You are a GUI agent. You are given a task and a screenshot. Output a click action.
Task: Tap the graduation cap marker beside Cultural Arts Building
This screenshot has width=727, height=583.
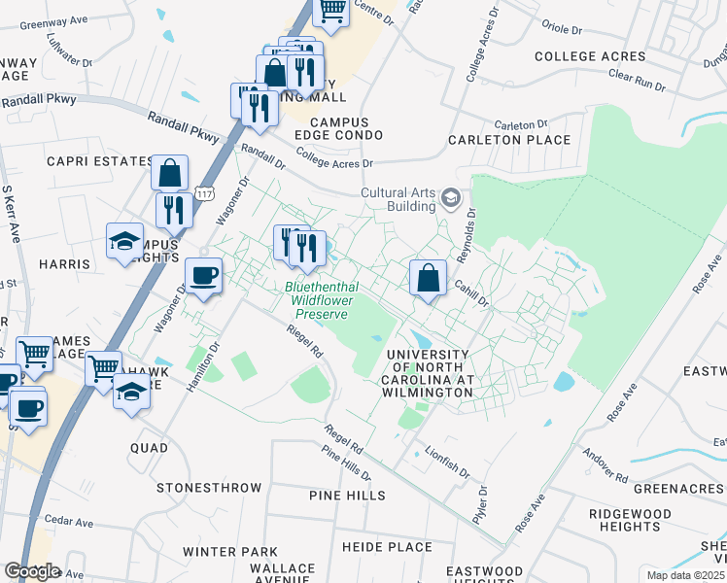pos(451,199)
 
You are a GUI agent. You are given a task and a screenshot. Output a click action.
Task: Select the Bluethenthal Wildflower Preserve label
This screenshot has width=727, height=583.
pos(322,300)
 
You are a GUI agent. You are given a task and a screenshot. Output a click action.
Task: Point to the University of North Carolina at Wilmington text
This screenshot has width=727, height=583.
pos(429,373)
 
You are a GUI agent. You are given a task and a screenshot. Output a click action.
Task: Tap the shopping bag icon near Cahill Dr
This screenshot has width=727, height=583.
pos(428,279)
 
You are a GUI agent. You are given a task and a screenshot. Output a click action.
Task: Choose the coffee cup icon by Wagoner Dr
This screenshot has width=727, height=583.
pos(203,276)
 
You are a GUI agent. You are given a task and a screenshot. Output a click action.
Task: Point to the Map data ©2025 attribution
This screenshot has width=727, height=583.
pos(685,575)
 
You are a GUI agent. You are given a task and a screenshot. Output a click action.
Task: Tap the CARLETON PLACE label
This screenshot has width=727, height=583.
pos(509,140)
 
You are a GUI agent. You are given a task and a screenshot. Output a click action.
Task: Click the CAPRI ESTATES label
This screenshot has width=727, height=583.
pos(94,161)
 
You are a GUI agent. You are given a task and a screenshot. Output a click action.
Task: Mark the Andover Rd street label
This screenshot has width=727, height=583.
pos(605,464)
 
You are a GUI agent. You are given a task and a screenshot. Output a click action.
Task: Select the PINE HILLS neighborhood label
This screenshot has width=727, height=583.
pos(347,496)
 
